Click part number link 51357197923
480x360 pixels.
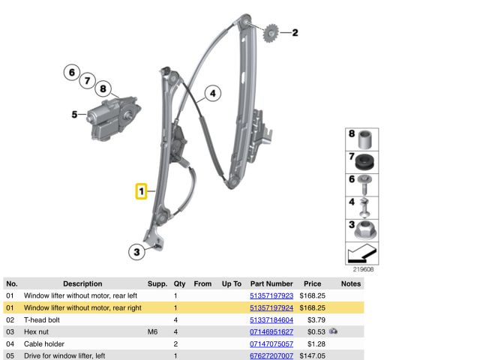271,296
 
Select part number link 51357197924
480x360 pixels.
271,308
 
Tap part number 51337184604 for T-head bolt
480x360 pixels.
271,320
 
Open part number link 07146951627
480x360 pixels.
271,331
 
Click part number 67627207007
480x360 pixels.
271,355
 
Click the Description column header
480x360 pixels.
82,284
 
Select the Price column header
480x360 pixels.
313,284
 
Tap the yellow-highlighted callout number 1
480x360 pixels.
141,192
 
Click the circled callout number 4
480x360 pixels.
213,94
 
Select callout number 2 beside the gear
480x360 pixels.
295,32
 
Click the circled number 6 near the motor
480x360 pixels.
71,73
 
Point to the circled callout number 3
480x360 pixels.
136,252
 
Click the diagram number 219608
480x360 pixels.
364,268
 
